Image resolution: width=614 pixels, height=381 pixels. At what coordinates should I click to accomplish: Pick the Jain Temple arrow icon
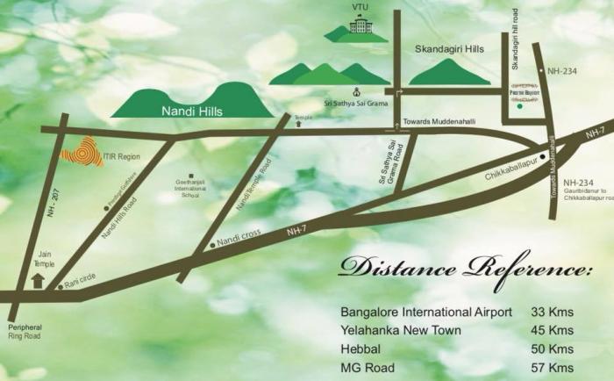(x=37, y=282)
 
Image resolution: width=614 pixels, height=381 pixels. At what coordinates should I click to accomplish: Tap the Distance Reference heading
(x=462, y=268)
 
